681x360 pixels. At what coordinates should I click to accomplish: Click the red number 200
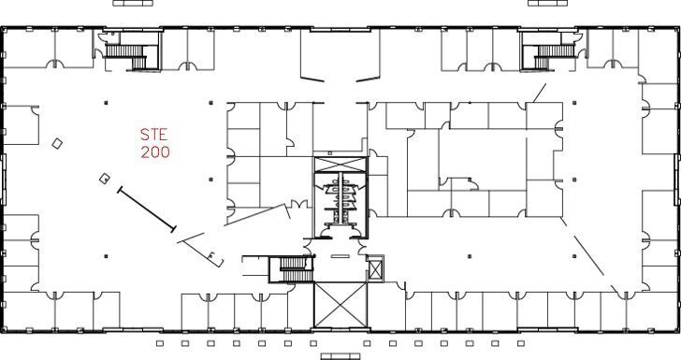(x=154, y=152)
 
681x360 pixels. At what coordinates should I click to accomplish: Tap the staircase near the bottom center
(x=293, y=269)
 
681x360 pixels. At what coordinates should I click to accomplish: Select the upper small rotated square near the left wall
(x=58, y=143)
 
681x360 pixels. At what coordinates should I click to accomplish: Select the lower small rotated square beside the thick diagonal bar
(x=106, y=178)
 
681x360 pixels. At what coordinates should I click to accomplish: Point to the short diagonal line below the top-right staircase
(x=539, y=92)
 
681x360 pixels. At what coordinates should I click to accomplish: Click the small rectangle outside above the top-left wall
(x=133, y=4)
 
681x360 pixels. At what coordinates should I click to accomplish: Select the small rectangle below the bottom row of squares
(x=340, y=356)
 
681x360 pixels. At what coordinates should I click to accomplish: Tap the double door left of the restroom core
(x=298, y=205)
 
